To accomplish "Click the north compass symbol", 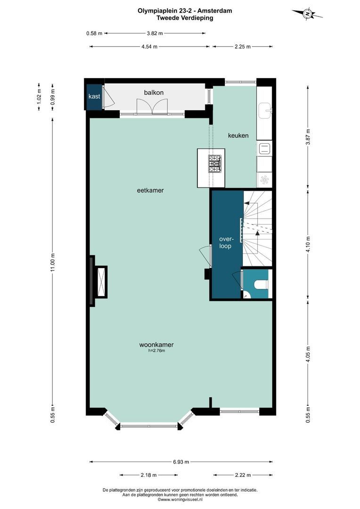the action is pos(307,14).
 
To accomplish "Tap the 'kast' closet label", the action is pos(94,97).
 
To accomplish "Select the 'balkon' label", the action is pos(154,92).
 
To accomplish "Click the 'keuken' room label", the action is pos(238,135).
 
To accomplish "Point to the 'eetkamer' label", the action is pos(150,190).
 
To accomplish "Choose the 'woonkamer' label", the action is pos(156,345).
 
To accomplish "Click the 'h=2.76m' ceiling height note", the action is pos(157,351).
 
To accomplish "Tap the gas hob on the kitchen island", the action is pos(215,164).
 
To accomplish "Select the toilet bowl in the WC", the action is pos(262,285).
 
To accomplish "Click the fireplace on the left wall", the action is pos(98,281).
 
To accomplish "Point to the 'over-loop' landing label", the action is pos(225,243).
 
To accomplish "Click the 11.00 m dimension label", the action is pos(53,263).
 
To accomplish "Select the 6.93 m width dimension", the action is pos(181,461).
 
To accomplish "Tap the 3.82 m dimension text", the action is pos(155,33).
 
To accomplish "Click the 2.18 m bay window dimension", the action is pos(149,475).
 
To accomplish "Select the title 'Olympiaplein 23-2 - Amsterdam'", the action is pos(185,11).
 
